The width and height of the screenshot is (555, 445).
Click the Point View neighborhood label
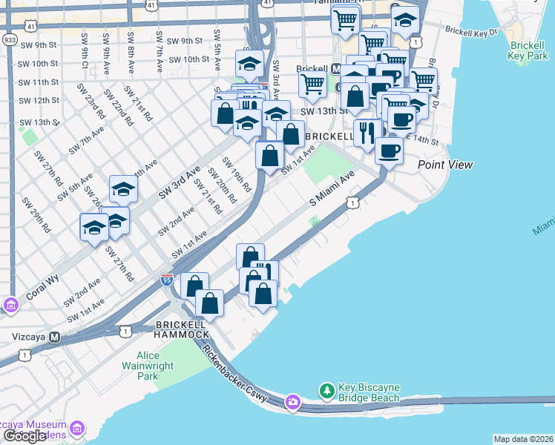tap(444, 165)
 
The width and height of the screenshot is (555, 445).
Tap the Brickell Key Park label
tap(528, 50)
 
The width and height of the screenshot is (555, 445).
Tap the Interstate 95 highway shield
tap(167, 280)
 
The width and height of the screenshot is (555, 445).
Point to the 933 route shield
tap(10, 39)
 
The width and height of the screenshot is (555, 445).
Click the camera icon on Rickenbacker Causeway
tap(293, 402)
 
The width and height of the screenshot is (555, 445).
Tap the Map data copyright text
tap(523, 439)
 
